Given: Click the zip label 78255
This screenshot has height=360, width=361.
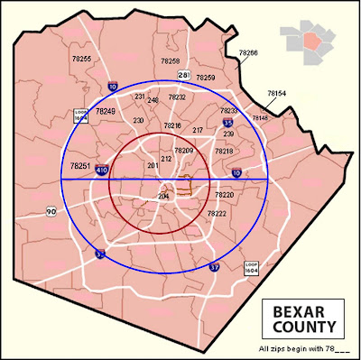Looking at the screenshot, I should pos(81,58).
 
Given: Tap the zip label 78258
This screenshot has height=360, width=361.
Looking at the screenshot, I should pos(171,60).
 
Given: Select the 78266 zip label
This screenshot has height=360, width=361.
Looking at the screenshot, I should pos(248,53).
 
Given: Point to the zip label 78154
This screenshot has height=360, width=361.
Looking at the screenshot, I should pos(277,93).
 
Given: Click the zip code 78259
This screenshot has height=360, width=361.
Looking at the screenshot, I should pos(206,78).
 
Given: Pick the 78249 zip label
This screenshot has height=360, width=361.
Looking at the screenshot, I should pos(106,111).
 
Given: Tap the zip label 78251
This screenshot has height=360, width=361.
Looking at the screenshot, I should pos(79,166).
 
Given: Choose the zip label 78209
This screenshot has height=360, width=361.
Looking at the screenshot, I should pos(184,150).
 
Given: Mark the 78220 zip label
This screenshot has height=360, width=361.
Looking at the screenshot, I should pos(225,195).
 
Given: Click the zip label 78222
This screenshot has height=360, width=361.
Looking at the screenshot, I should pos(217,214).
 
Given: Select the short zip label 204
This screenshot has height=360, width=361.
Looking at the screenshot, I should pos(163,196).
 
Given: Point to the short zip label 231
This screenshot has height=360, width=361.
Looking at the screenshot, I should pos(140,96).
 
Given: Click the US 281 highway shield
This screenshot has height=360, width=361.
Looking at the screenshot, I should pos(184,74).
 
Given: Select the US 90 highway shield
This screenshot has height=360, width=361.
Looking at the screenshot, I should pos(51,211).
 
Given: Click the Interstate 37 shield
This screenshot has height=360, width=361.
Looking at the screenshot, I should pos(215,268).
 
